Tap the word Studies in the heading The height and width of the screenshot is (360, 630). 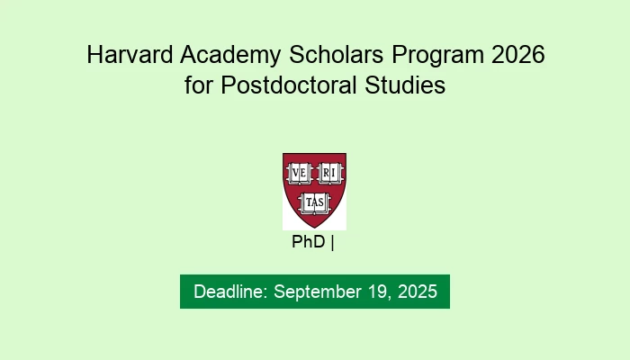click(407, 87)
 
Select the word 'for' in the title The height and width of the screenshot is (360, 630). click(195, 87)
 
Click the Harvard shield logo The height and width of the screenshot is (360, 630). click(314, 190)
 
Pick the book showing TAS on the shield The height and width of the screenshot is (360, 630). click(314, 202)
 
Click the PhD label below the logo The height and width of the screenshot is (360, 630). click(309, 242)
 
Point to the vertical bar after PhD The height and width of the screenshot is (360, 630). click(332, 242)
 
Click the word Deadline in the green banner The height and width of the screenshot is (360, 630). click(229, 292)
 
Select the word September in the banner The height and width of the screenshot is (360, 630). click(314, 292)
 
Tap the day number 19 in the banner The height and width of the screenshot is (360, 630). click(375, 292)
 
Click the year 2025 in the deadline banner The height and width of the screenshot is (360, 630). click(416, 292)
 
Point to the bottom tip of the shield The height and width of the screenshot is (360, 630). click(314, 227)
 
